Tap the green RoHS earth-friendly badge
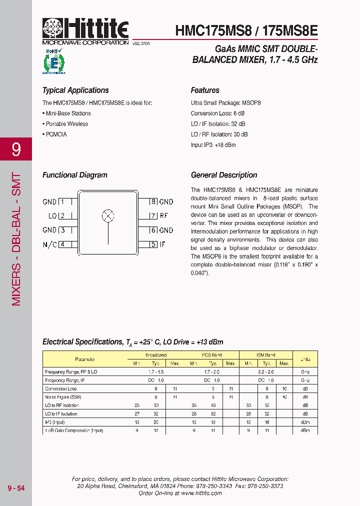tap(53, 61)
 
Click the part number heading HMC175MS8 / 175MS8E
tap(246, 30)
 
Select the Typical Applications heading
tap(75, 90)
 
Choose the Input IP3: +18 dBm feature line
tap(213, 145)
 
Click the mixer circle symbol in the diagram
tap(108, 216)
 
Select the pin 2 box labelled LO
tap(62, 216)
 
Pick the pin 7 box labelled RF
tap(154, 216)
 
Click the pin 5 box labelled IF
tap(154, 244)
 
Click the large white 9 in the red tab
tap(16, 149)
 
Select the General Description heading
tap(224, 175)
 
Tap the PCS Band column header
tap(212, 355)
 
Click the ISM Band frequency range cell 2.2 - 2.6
tap(266, 372)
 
